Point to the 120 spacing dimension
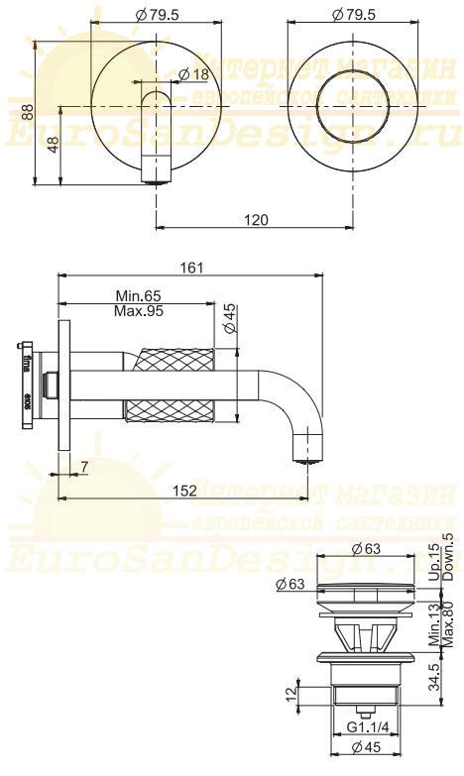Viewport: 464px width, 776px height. pyautogui.click(x=255, y=220)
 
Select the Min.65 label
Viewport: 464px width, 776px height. pyautogui.click(x=138, y=296)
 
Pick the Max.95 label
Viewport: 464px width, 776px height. pyautogui.click(x=138, y=310)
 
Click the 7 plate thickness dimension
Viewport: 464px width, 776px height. pyautogui.click(x=83, y=467)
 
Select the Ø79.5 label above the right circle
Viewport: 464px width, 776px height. pyautogui.click(x=352, y=15)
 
